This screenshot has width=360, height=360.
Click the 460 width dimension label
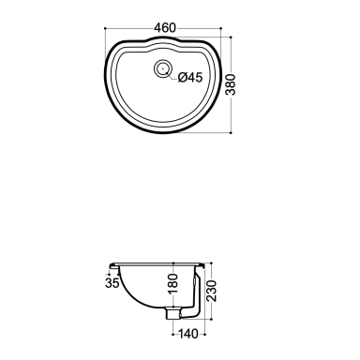(x=165, y=28)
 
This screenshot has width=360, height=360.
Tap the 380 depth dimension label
(x=231, y=84)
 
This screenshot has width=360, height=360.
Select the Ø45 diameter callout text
(x=190, y=77)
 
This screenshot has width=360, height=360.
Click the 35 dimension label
(x=112, y=283)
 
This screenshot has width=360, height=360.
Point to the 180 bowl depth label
(x=172, y=284)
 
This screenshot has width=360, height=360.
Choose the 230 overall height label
(x=212, y=291)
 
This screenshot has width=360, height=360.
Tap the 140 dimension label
(x=188, y=334)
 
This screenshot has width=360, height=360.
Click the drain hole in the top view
(x=163, y=68)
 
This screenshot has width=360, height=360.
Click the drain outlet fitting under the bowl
(x=173, y=313)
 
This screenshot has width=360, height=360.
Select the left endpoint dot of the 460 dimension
(x=105, y=28)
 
